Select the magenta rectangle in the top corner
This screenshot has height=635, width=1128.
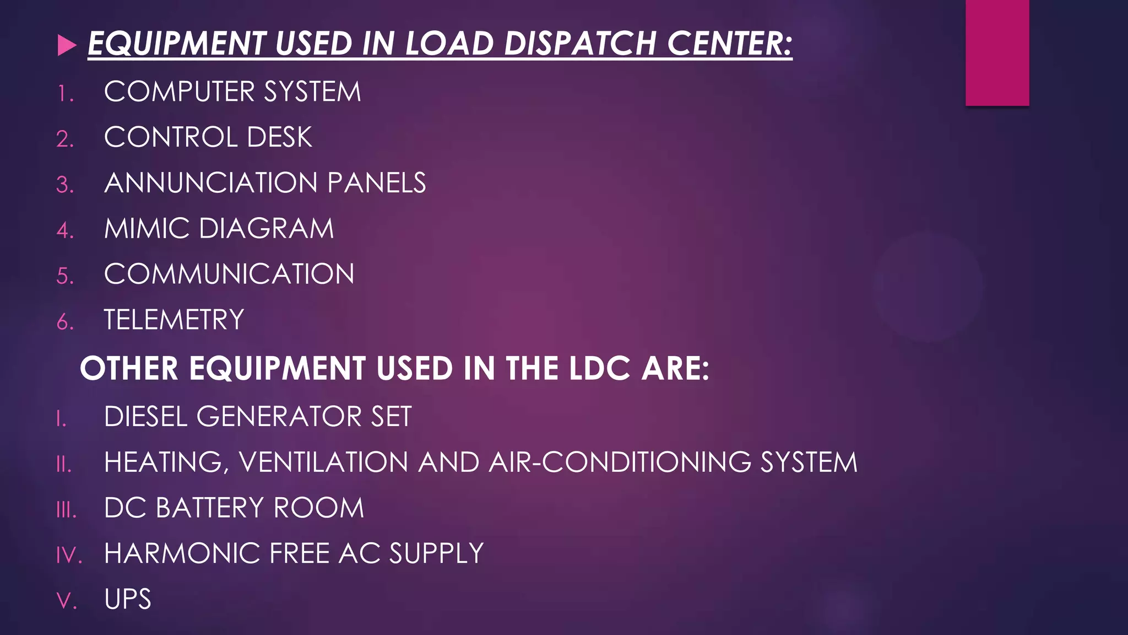coord(997,52)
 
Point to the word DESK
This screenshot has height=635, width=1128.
coord(279,137)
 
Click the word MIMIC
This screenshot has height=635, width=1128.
coord(147,229)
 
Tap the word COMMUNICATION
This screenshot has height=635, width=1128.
coord(229,274)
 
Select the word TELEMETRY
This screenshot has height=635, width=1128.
coord(174,320)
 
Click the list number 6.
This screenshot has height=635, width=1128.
coord(64,322)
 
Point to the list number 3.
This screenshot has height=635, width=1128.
coord(64,185)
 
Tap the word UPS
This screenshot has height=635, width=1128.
coord(127,599)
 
